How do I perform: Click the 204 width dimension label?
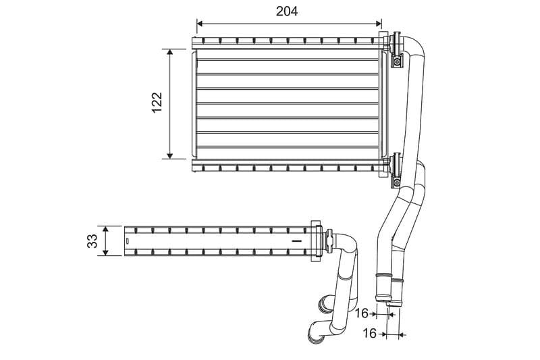[x=287, y=11]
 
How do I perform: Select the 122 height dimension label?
[x=157, y=103]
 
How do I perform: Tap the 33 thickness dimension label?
[x=92, y=240]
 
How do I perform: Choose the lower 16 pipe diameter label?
[x=369, y=333]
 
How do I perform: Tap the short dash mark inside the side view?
[x=295, y=240]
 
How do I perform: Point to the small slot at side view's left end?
[x=126, y=241]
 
